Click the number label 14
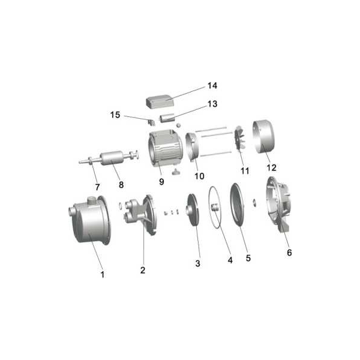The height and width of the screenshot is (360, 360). coord(212,86)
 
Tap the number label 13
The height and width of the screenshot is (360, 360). coord(212,104)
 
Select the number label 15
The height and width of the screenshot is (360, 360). coord(115,115)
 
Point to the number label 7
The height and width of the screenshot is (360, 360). coord(97,187)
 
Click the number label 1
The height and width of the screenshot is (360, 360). coord(103,274)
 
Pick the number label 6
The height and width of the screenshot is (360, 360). coord(289,253)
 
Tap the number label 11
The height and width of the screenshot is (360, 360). coord(245,171)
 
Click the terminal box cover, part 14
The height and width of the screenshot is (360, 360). coord(160,102)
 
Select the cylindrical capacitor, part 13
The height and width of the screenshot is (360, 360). coord(167,119)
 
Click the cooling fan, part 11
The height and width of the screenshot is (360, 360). coord(239,140)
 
